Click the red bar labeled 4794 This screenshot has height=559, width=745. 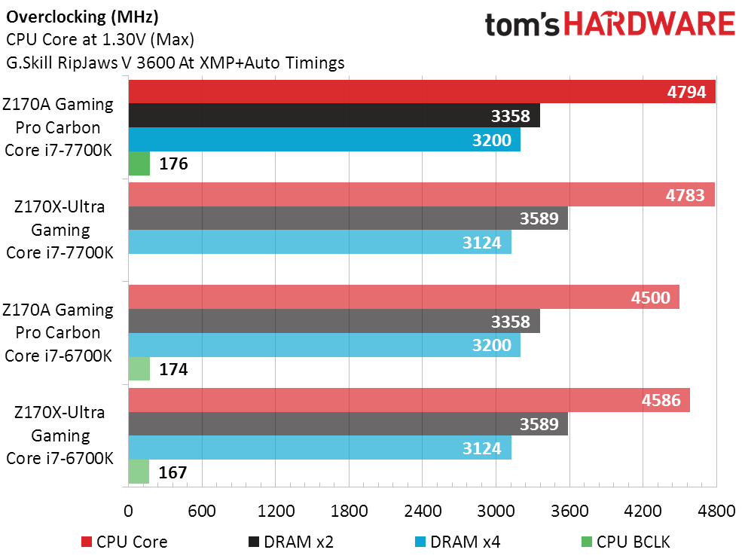[x=422, y=93]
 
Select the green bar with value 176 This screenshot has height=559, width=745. [x=139, y=163]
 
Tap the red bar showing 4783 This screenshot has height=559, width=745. [x=421, y=196]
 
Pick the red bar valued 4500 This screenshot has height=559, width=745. [x=404, y=297]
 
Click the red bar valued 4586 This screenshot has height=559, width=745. [x=409, y=400]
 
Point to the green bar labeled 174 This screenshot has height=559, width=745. [x=139, y=369]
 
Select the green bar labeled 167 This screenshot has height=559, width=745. [x=139, y=472]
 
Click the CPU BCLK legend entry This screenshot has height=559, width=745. [x=625, y=541]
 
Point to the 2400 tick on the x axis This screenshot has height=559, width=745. [x=423, y=510]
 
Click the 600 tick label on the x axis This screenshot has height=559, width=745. [x=202, y=510]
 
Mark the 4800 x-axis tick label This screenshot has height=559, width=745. [x=716, y=510]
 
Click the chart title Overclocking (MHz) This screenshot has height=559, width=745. [x=82, y=16]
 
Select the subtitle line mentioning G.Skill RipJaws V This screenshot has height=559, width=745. [x=175, y=63]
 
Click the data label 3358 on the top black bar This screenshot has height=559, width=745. [x=510, y=116]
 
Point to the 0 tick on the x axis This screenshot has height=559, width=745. [x=129, y=510]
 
